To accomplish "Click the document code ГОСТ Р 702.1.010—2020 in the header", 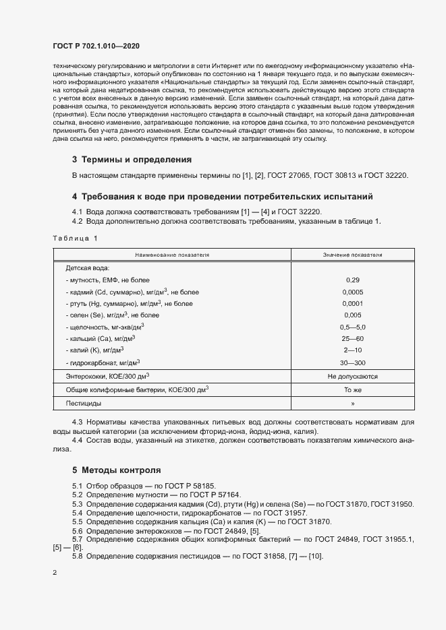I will click(x=96, y=45).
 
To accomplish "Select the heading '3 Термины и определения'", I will click(x=132, y=160).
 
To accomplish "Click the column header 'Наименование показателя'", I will click(x=172, y=255).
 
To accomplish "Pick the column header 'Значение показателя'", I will click(x=352, y=255).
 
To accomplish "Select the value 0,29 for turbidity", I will click(x=352, y=280).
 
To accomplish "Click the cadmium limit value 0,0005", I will click(x=352, y=292).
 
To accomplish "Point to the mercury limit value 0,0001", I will click(x=352, y=304).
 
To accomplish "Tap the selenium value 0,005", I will click(x=352, y=315).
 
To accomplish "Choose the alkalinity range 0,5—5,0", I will click(x=352, y=327).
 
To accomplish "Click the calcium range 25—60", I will click(x=352, y=338).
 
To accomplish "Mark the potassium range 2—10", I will click(x=352, y=350).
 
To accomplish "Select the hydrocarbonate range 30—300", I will click(x=352, y=362).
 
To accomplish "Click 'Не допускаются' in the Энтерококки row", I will click(x=352, y=377).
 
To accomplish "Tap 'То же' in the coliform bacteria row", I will click(x=352, y=389).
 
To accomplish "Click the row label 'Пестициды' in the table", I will click(x=84, y=403).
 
